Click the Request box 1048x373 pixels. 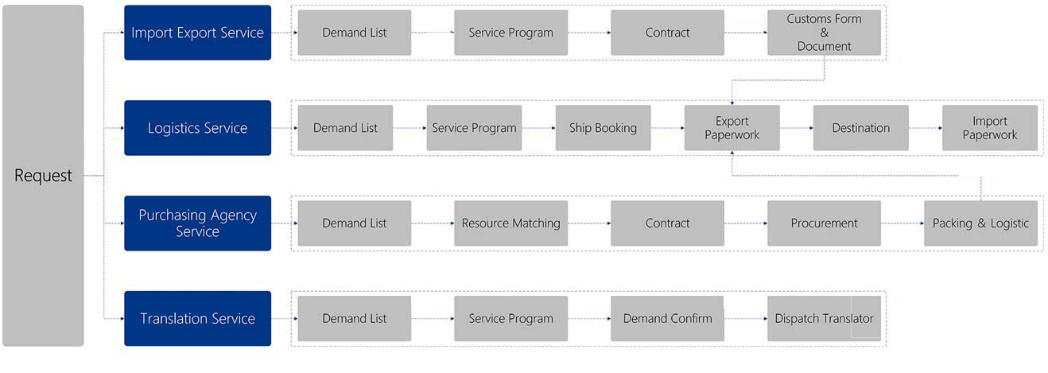tap(43, 176)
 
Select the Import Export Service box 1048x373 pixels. tap(197, 33)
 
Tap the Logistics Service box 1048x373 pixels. tap(197, 128)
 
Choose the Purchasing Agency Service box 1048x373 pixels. tap(197, 223)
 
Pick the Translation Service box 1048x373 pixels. tap(197, 319)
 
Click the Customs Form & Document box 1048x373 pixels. tap(824, 33)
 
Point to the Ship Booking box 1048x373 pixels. tap(603, 128)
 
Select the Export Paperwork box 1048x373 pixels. tap(732, 128)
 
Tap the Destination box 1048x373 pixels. tap(861, 128)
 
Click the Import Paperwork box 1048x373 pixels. tap(989, 128)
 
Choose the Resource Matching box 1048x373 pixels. tap(511, 223)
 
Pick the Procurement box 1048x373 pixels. tap(824, 223)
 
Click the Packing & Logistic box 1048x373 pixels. tap(980, 223)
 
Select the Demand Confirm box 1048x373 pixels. tap(667, 319)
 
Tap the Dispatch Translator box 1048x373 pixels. tap(824, 319)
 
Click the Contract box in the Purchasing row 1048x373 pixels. tap(667, 223)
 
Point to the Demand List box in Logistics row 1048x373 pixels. tap(345, 128)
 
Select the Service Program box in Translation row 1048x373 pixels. tap(511, 319)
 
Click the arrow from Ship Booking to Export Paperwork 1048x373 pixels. tap(668, 128)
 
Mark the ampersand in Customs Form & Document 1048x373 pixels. tap(824, 33)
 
